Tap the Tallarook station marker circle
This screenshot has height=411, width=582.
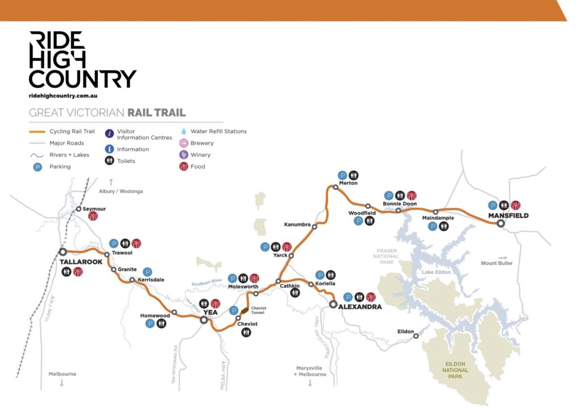pyautogui.click(x=63, y=251)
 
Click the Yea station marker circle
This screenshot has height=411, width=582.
pyautogui.click(x=203, y=320)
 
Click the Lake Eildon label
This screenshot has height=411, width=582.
pyautogui.click(x=436, y=272)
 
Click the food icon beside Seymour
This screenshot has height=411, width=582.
pyautogui.click(x=93, y=216)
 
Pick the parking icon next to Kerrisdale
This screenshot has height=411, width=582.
pyautogui.click(x=148, y=271)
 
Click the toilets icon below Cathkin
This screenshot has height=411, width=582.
pyautogui.click(x=295, y=293)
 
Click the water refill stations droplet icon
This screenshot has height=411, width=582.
pyautogui.click(x=183, y=131)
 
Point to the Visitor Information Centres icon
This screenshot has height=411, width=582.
pyautogui.click(x=109, y=133)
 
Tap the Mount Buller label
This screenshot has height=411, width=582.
pyautogui.click(x=497, y=263)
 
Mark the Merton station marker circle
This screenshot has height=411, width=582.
pyautogui.click(x=336, y=187)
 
